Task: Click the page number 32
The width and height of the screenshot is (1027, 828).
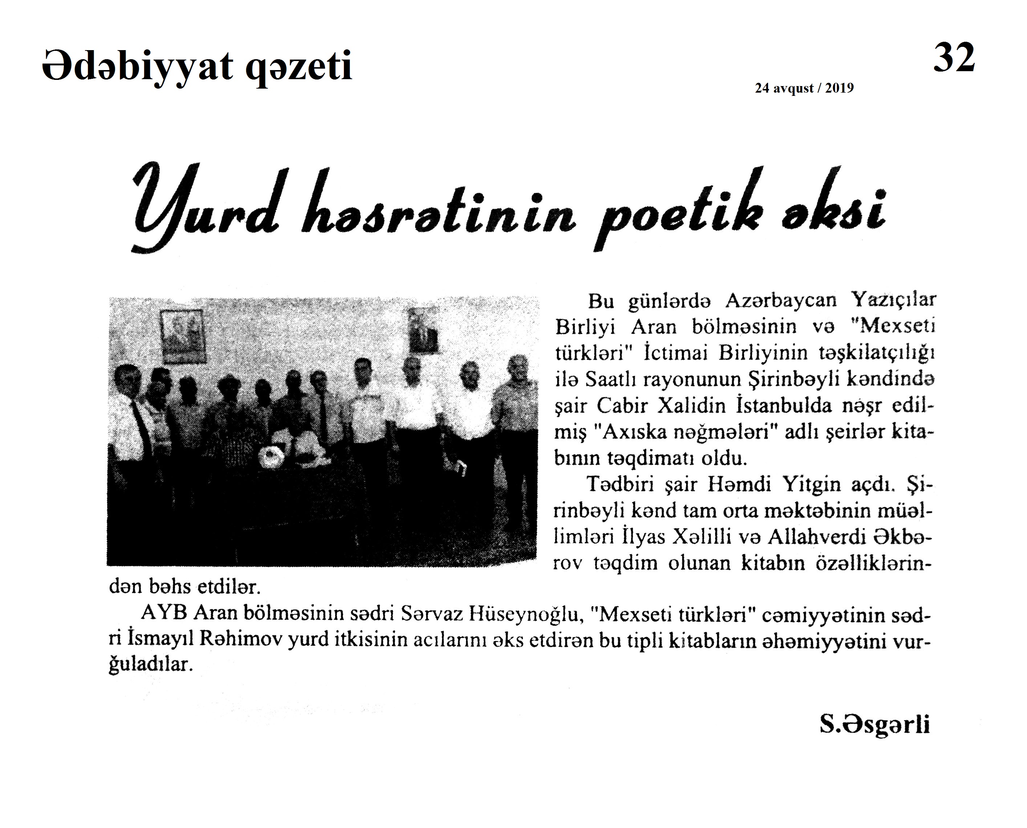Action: [x=954, y=58]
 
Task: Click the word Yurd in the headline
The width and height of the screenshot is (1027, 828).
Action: [x=205, y=210]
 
